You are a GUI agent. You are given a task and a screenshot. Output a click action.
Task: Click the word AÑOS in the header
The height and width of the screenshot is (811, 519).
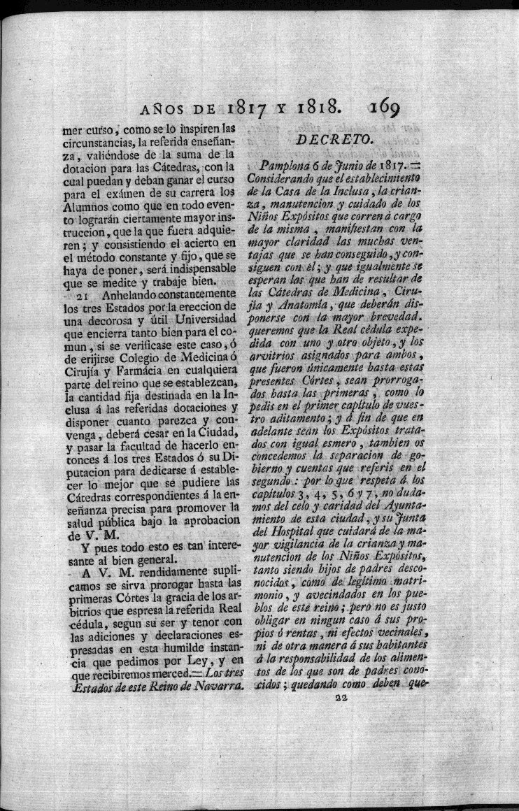pos(166,108)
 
